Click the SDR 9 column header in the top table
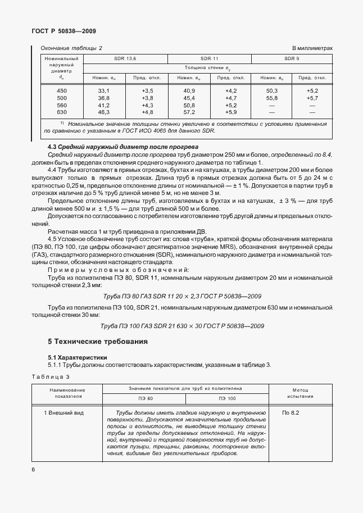point(292,58)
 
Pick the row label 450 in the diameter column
point(62,90)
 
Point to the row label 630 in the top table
point(62,112)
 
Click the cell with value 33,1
point(103,90)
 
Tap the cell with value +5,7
point(312,98)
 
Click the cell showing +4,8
point(147,112)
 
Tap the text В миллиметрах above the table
point(312,48)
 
